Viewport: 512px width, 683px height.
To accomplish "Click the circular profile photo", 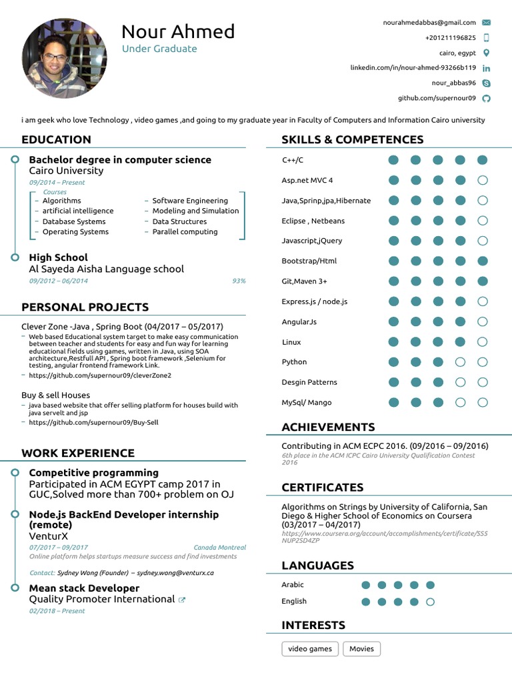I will pyautogui.click(x=65, y=59).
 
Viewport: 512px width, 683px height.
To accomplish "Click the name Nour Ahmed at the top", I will pyautogui.click(x=178, y=31).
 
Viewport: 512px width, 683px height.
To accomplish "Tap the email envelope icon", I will pyautogui.click(x=486, y=23).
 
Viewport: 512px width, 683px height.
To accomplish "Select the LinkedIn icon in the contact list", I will pyautogui.click(x=486, y=68).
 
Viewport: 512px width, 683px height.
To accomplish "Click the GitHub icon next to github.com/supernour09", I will pyautogui.click(x=486, y=99).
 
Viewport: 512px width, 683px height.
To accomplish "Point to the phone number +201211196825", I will pyautogui.click(x=450, y=38).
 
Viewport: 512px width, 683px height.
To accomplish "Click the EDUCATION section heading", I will pyautogui.click(x=56, y=139).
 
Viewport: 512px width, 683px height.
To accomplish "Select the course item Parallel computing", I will pyautogui.click(x=185, y=232).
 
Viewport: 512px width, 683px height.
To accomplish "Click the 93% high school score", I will pyautogui.click(x=239, y=281).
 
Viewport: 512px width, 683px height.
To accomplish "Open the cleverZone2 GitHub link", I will pyautogui.click(x=100, y=376).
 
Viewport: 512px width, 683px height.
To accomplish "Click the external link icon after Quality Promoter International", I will pyautogui.click(x=182, y=600).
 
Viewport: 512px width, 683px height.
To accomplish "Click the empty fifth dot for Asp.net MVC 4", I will pyautogui.click(x=483, y=180).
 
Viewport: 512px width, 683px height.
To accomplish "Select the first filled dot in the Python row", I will pyautogui.click(x=393, y=362).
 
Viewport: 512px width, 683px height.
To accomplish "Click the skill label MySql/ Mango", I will pyautogui.click(x=306, y=403).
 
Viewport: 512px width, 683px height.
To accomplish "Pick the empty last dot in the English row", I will pyautogui.click(x=430, y=602).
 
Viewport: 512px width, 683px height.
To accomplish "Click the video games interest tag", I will pyautogui.click(x=310, y=649).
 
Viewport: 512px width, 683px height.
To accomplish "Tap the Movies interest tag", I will pyautogui.click(x=361, y=649).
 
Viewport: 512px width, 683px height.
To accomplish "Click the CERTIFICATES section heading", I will pyautogui.click(x=322, y=488).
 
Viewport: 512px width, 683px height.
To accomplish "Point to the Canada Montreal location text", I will pyautogui.click(x=219, y=548).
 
